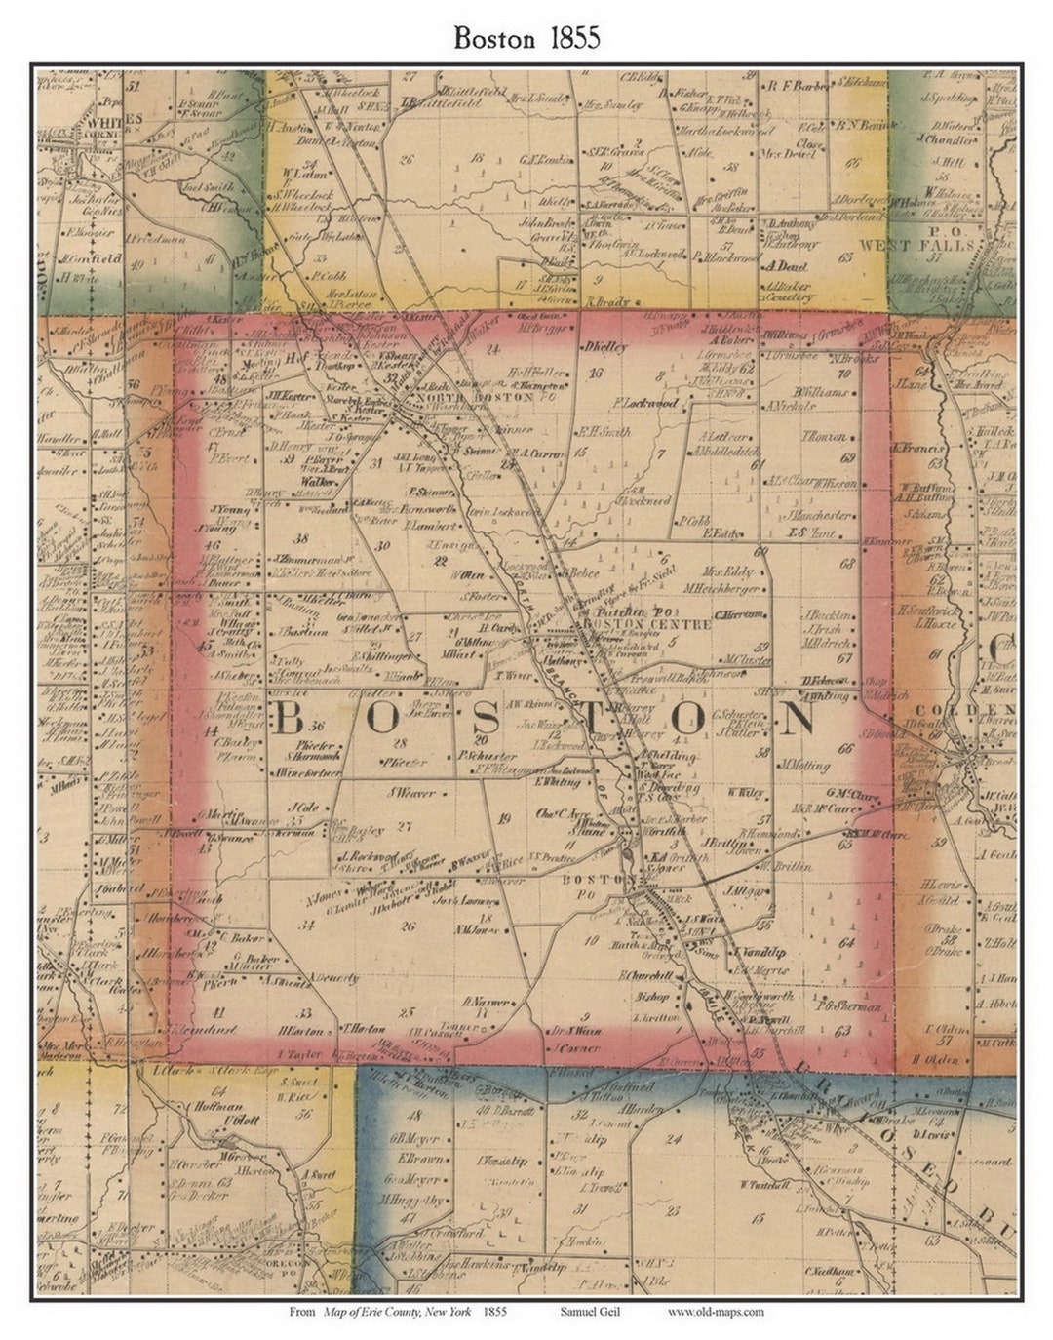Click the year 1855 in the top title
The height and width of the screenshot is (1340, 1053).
573,37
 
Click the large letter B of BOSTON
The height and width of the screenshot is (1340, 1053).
289,719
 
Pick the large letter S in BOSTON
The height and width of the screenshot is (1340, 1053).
484,719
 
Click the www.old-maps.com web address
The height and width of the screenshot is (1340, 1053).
716,1312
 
